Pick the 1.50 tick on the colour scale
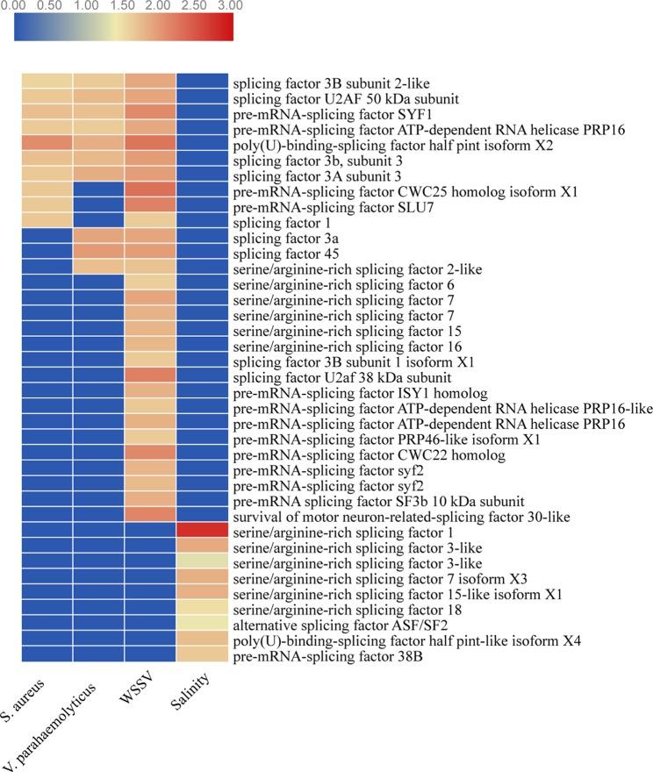[123, 6]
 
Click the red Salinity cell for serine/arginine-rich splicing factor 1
[203, 530]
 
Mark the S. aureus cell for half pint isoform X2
[47, 145]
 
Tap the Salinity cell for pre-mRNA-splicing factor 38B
[203, 654]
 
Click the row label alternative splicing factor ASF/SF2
[316, 624]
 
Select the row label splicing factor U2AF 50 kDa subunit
[345, 98]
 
